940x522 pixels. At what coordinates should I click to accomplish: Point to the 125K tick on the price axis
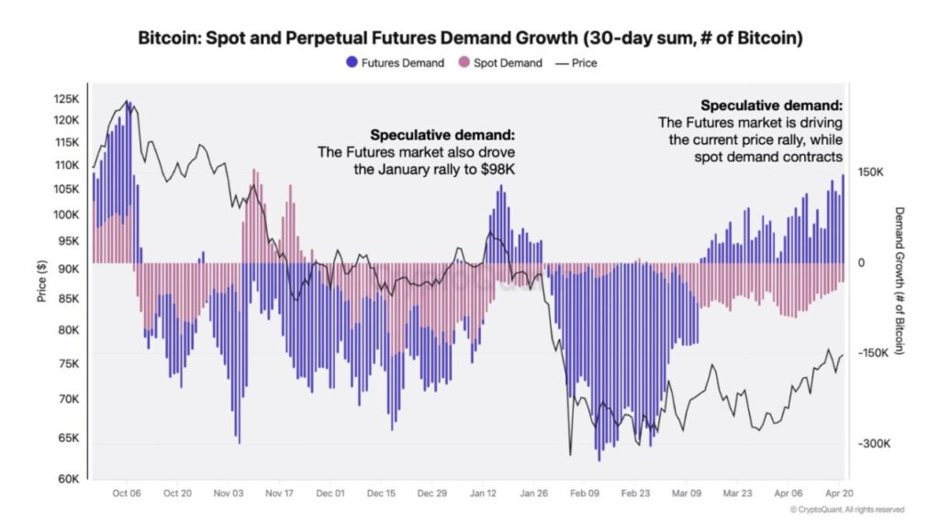(67, 99)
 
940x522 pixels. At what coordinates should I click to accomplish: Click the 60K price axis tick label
(70, 479)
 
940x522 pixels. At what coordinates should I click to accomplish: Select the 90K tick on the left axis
(70, 269)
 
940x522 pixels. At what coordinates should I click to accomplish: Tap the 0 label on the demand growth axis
(860, 263)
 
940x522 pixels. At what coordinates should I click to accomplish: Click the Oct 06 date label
(126, 493)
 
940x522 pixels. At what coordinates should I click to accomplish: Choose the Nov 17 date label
(278, 493)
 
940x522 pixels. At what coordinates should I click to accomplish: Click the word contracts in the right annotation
(814, 157)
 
